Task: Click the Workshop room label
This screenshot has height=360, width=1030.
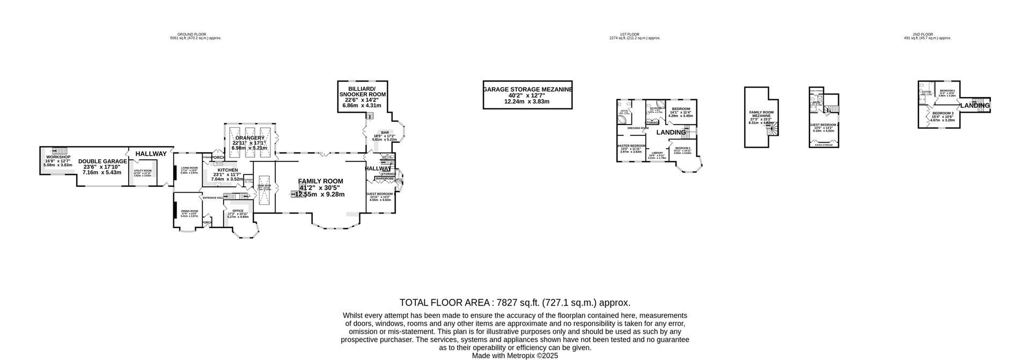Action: coord(58,157)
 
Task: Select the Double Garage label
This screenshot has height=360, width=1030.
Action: coord(102,161)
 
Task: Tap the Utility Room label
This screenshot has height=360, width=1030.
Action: coord(143,171)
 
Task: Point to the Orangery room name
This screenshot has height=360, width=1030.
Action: coord(249,138)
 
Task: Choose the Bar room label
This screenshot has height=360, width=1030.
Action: coord(385,133)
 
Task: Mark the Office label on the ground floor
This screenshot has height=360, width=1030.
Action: coord(238,211)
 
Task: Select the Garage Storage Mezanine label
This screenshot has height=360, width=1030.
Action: coord(527,90)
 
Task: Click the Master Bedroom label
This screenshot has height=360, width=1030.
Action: coord(631,146)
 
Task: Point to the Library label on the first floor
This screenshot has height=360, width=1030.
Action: coord(657,153)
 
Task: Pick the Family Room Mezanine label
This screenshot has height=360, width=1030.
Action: coord(760,114)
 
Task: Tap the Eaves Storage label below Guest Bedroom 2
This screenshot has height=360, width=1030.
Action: coord(823,145)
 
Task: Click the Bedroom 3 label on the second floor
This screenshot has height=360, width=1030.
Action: coord(943,113)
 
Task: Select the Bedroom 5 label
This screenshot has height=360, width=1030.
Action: coord(947,91)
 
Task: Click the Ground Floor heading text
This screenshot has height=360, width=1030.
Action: coord(192,34)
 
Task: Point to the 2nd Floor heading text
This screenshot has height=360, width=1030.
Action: coord(923,34)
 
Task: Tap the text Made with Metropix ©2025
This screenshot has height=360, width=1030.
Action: coord(515,356)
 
